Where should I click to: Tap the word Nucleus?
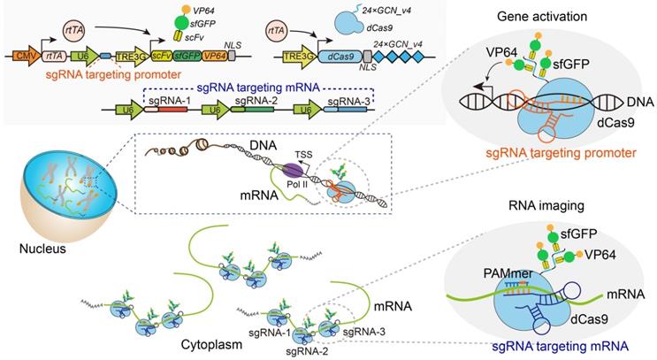[x=42, y=249]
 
